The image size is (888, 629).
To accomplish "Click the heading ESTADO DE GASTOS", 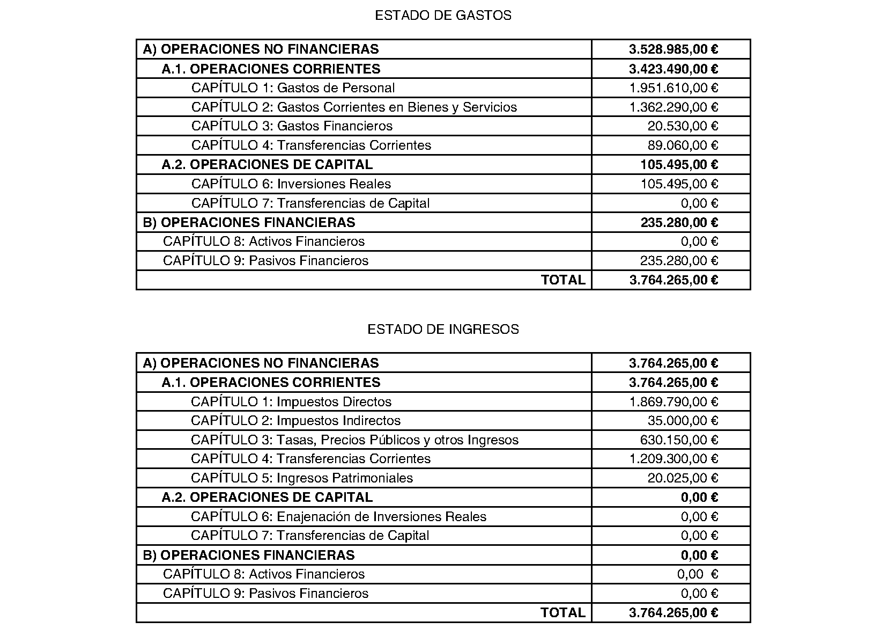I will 443,16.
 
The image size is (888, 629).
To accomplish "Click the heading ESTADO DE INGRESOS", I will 443,329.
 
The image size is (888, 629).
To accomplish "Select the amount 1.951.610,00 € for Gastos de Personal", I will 674,88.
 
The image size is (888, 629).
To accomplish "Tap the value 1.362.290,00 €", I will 674,107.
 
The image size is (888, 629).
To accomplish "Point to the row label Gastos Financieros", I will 292,126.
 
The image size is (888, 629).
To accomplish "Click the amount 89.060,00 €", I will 683,145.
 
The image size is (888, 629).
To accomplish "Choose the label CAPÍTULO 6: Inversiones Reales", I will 291,184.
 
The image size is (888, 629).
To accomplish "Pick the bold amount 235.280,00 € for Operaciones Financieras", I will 679,223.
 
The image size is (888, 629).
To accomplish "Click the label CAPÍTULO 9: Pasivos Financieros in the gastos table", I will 265,261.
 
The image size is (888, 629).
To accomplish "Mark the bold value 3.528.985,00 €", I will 674,49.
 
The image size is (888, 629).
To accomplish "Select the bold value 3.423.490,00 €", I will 674,69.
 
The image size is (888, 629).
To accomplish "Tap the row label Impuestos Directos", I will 291,402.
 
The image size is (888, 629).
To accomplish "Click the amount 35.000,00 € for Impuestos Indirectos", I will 683,421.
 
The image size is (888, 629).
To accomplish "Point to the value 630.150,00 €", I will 679,440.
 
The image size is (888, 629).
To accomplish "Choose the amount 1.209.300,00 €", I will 674,459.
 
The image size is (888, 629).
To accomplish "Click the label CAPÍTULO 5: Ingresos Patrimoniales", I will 302,478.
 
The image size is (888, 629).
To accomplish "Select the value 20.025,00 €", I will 683,478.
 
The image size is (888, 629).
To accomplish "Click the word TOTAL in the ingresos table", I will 563,613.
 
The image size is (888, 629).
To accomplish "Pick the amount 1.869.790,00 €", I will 674,402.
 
